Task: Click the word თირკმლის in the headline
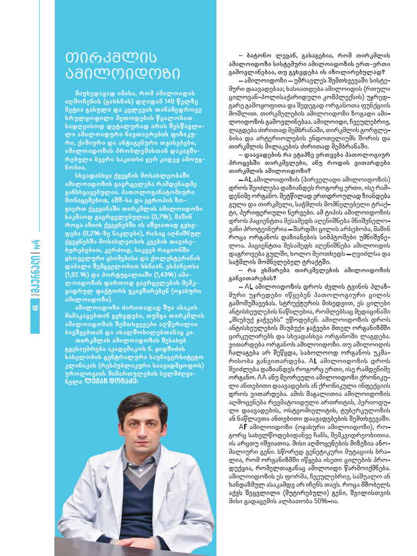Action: [103, 58]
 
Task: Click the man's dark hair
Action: [142, 402]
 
